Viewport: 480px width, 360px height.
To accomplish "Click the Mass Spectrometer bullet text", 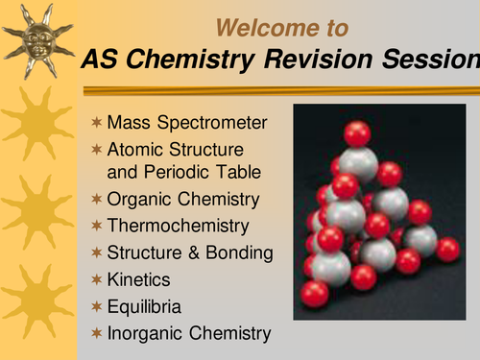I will pyautogui.click(x=187, y=124).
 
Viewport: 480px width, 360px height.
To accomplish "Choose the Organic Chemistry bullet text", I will pyautogui.click(x=182, y=200).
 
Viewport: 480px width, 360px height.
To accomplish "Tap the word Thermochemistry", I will pyautogui.click(x=178, y=227).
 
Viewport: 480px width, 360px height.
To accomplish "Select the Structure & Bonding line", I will pyautogui.click(x=190, y=253).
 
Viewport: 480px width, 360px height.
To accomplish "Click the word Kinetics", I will pyautogui.click(x=138, y=279).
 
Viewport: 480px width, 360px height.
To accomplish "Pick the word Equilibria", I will pyautogui.click(x=144, y=306).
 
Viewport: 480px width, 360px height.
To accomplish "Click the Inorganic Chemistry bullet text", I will pyautogui.click(x=189, y=333).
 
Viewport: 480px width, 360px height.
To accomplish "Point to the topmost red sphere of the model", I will pyautogui.click(x=356, y=133).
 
